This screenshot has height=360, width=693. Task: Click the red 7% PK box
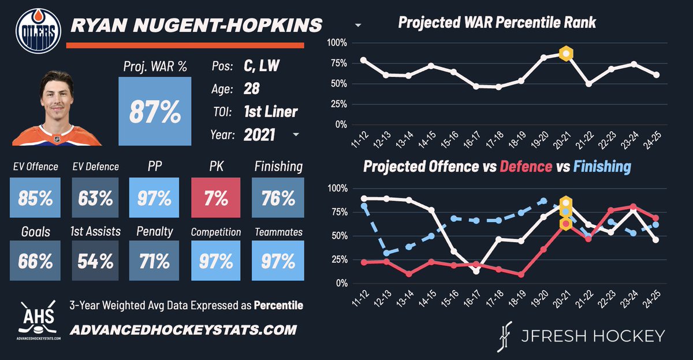[x=215, y=198]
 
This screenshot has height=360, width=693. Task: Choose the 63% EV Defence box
[x=95, y=198]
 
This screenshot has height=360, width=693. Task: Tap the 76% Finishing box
[x=278, y=198]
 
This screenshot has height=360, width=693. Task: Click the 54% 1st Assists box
[x=95, y=261]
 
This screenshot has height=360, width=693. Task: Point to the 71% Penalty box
[x=155, y=261]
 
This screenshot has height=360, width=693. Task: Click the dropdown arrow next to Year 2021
[x=296, y=135]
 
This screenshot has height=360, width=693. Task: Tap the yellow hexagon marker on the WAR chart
[x=567, y=54]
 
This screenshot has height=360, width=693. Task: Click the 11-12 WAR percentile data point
[x=363, y=60]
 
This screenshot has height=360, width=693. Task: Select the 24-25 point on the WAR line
[x=656, y=75]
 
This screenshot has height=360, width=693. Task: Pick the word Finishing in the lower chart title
[x=602, y=167]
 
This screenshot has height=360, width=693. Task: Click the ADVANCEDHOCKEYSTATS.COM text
[x=183, y=330]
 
